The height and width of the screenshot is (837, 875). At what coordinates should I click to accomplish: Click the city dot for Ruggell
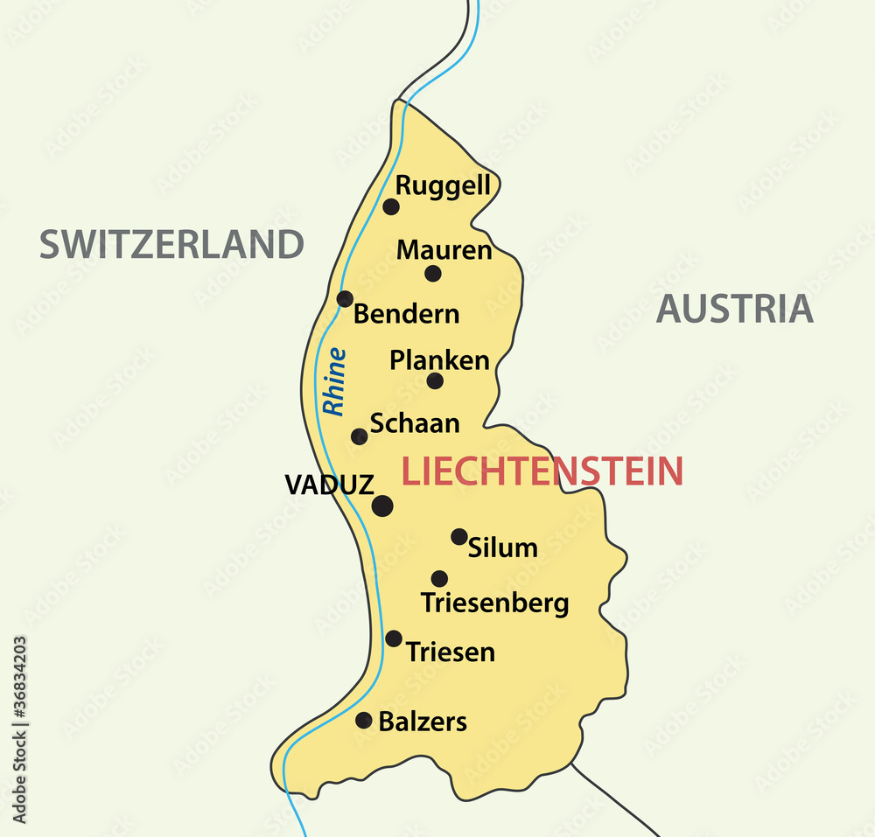pos(391,206)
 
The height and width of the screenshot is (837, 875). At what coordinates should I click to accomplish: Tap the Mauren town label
pos(444,250)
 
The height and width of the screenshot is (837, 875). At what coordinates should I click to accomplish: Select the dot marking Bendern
pos(346,299)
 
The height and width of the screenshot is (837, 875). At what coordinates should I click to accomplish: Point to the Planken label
pos(439,360)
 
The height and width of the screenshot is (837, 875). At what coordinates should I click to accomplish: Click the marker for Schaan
pos(360,436)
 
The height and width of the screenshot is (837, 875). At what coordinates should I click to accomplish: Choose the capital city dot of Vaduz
pos(382,506)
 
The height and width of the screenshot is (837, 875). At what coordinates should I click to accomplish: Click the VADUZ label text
pos(329,485)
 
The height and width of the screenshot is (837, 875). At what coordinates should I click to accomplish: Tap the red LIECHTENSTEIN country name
pos(542,471)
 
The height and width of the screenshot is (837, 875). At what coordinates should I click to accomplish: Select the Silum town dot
pos(459,536)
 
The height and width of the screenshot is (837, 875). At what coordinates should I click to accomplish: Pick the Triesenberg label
pos(494,603)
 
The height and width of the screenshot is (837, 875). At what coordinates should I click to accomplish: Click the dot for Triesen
pos(394,638)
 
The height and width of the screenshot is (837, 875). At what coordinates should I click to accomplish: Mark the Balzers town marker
pos(364,720)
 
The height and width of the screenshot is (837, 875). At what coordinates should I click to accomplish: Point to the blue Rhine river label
pos(334,381)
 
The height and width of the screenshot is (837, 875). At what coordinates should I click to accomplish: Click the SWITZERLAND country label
pos(171,244)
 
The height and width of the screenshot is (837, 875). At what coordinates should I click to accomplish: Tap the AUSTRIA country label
pos(734,309)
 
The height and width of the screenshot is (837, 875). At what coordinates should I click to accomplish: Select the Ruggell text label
pos(443,186)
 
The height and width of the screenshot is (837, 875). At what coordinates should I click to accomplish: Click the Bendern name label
pos(406,314)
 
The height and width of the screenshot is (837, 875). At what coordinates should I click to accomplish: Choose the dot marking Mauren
pos(433,274)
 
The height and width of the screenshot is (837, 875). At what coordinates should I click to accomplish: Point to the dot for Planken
pos(435,380)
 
